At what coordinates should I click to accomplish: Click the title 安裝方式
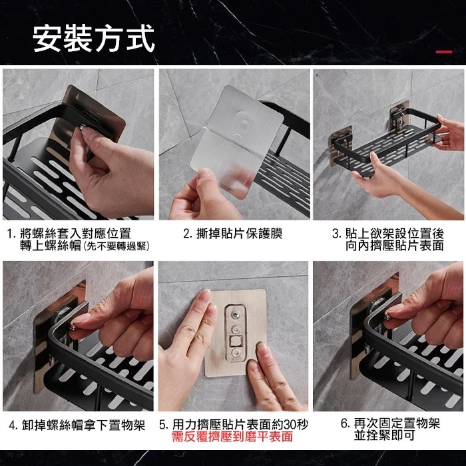pyautogui.click(x=94, y=39)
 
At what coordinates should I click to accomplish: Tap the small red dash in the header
pyautogui.click(x=444, y=52)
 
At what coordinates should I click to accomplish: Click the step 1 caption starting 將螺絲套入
pyautogui.click(x=75, y=233)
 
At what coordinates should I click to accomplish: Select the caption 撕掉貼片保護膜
pyautogui.click(x=239, y=234)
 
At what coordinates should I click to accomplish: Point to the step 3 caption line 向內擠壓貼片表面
pyautogui.click(x=394, y=246)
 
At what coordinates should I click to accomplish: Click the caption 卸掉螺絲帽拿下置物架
pyautogui.click(x=83, y=425)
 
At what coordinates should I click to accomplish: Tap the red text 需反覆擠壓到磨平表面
pyautogui.click(x=232, y=437)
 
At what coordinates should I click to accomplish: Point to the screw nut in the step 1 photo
pyautogui.click(x=83, y=128)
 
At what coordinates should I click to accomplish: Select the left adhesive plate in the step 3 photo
pyautogui.click(x=341, y=146)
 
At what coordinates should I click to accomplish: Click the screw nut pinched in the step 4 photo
pyautogui.click(x=73, y=328)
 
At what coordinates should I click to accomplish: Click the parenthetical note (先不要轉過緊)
pyautogui.click(x=116, y=246)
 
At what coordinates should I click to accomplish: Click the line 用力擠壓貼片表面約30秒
pyautogui.click(x=240, y=425)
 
